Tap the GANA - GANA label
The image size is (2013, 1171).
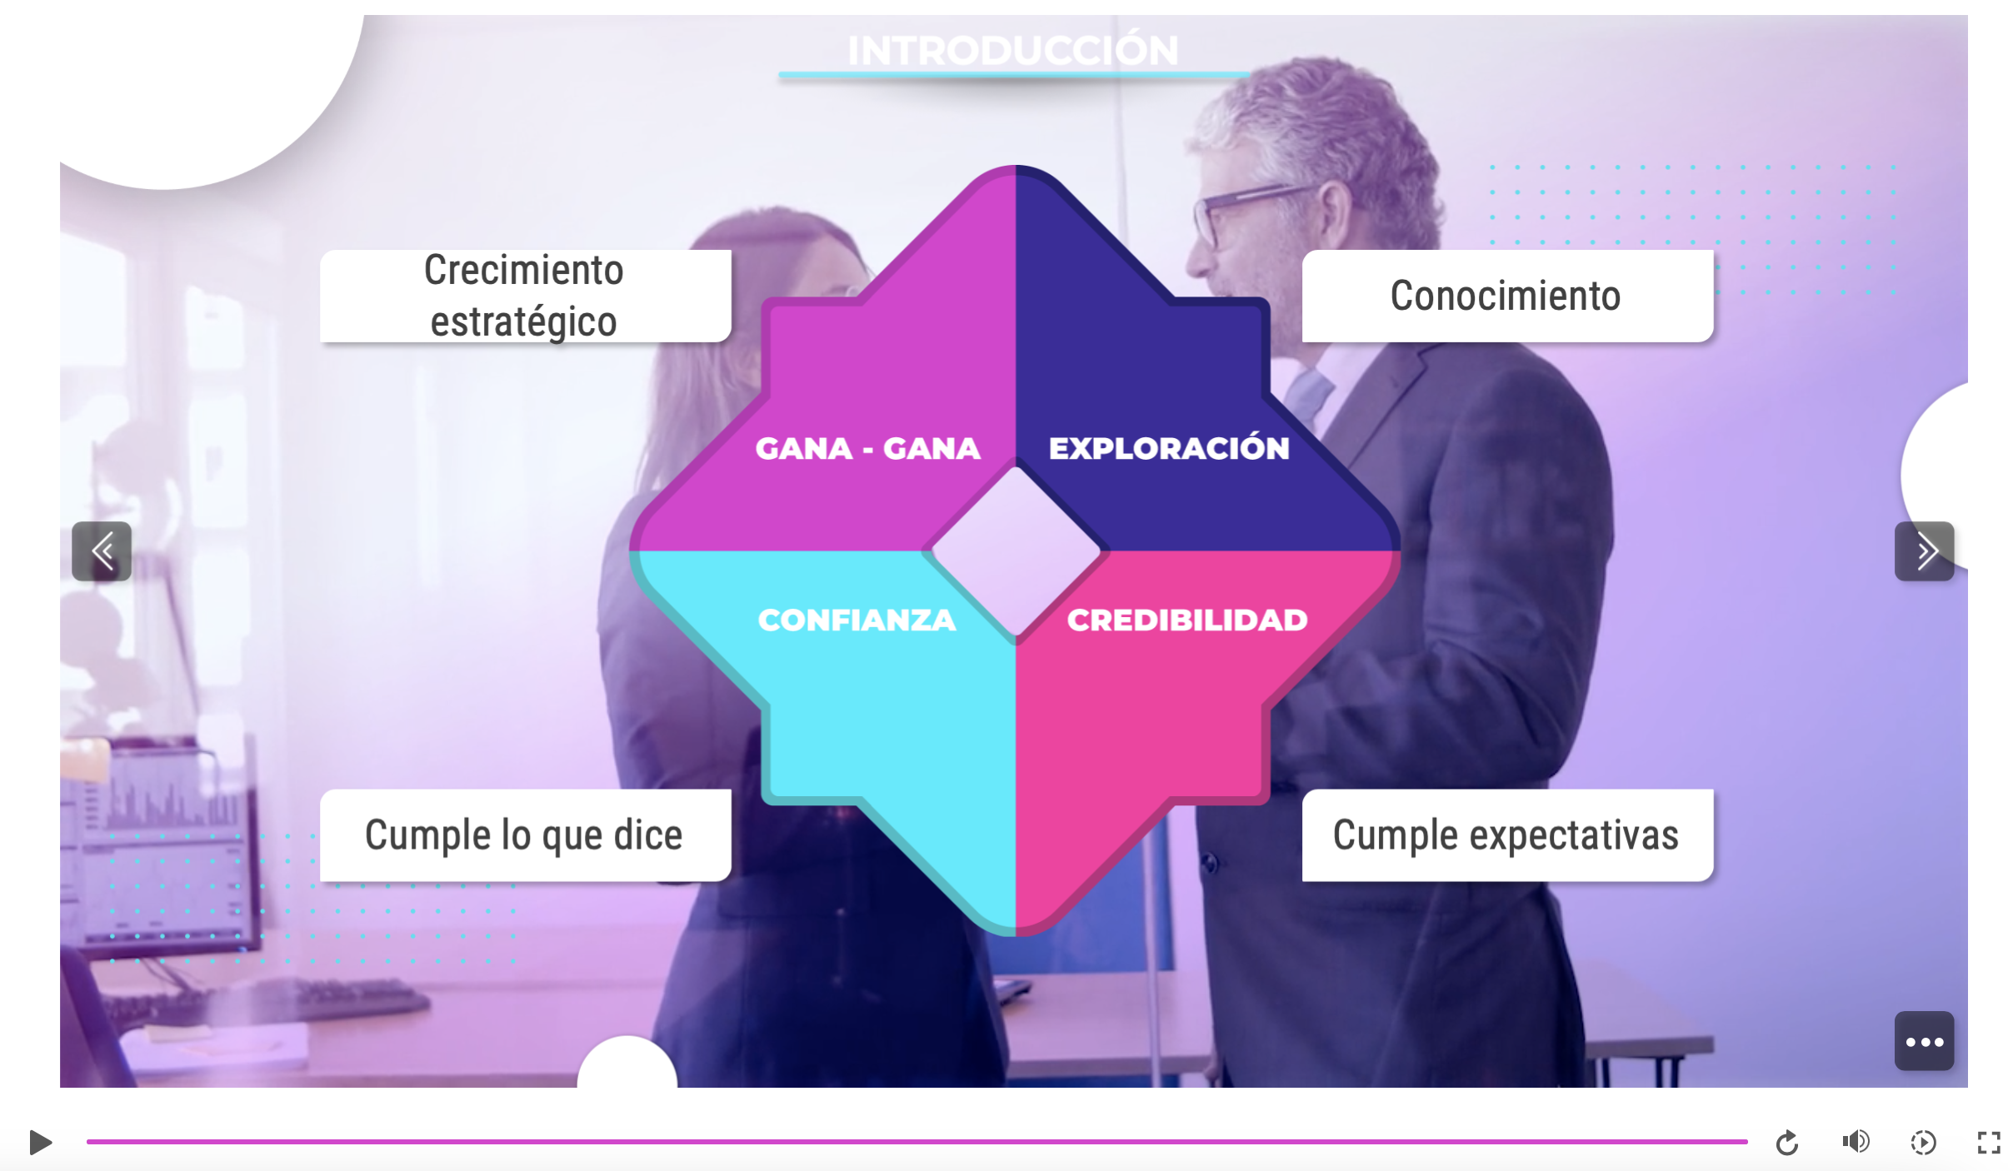pos(868,448)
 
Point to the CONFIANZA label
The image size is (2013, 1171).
pos(857,620)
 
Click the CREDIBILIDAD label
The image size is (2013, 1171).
pos(1187,620)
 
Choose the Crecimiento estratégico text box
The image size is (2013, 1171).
pos(526,296)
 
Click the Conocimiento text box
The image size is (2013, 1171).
pos(1507,296)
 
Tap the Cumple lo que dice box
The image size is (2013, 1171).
pos(526,835)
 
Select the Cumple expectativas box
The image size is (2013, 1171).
pos(1507,835)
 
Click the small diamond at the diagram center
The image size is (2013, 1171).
pos(1016,551)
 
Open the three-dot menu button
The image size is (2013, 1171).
pos(1924,1041)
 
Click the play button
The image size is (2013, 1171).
pos(40,1142)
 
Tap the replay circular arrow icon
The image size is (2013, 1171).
pos(1786,1143)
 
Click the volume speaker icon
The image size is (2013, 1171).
pos(1856,1141)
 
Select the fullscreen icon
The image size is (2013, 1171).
pos(1989,1142)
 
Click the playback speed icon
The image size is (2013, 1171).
pos(1923,1142)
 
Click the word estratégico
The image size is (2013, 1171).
pos(523,321)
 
